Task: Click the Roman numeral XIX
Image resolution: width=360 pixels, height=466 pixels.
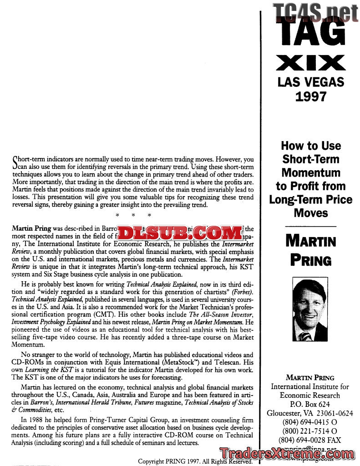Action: click(x=311, y=64)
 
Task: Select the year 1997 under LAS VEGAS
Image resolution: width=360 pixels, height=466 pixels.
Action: click(x=311, y=96)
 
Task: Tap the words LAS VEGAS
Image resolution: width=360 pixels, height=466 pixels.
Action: click(x=311, y=82)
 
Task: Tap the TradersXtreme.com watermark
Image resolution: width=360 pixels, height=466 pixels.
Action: click(x=287, y=454)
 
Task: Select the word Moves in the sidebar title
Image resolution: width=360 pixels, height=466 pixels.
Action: click(x=311, y=213)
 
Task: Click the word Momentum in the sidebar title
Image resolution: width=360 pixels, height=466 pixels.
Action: click(x=311, y=172)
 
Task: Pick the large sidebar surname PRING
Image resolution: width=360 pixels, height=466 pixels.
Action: click(x=311, y=261)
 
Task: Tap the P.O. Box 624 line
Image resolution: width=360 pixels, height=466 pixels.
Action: click(x=310, y=404)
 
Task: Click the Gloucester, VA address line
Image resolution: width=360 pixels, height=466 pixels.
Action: click(x=310, y=413)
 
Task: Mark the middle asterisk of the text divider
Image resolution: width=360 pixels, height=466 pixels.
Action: click(x=133, y=215)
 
